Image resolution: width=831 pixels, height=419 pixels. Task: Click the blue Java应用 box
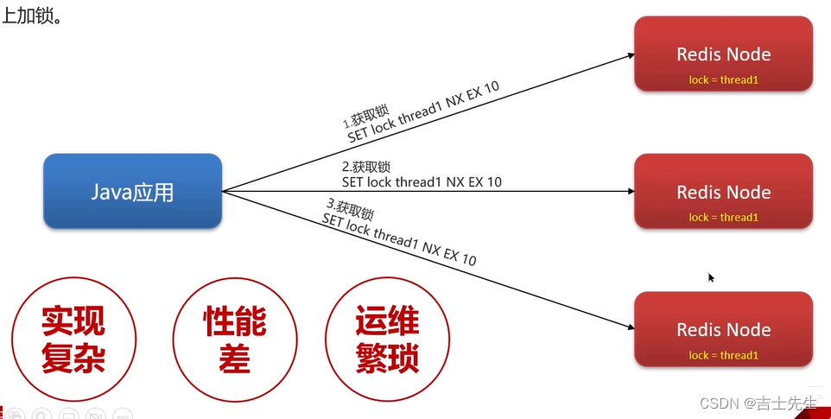tap(132, 191)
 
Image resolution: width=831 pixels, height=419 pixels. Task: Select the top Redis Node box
tap(723, 54)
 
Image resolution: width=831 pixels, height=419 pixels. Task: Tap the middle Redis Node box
tap(723, 191)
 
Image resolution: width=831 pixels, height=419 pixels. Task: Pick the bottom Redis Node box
tap(723, 329)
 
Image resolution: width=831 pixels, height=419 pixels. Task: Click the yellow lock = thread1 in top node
tap(723, 80)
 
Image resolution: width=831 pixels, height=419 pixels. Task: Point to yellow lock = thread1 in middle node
tap(723, 218)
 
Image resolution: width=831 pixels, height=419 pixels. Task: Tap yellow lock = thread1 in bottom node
tap(723, 355)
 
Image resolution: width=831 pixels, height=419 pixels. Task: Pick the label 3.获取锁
tap(350, 210)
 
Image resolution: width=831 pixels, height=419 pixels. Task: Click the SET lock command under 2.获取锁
tap(422, 182)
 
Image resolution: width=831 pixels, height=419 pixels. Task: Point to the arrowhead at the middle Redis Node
tap(630, 191)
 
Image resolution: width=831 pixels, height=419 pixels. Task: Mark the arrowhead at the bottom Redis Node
tap(630, 327)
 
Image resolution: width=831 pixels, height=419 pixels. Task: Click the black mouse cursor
tap(711, 277)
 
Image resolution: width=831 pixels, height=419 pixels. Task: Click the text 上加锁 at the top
tap(32, 15)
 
